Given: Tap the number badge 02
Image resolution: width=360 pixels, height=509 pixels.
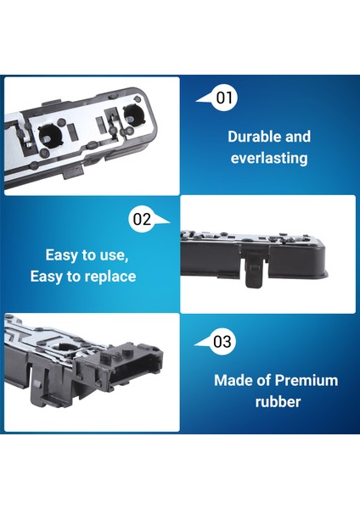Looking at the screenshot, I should [142, 220].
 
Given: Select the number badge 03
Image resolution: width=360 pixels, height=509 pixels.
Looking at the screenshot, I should [222, 342].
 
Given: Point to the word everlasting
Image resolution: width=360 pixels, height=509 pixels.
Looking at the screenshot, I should [269, 157].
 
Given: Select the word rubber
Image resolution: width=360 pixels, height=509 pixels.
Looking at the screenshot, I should [278, 401].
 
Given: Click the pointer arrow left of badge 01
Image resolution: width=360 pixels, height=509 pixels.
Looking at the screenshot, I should [203, 99].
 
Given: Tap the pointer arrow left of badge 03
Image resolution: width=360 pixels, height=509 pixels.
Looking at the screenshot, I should [201, 343].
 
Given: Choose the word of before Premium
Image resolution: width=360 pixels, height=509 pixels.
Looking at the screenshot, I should [266, 380].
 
